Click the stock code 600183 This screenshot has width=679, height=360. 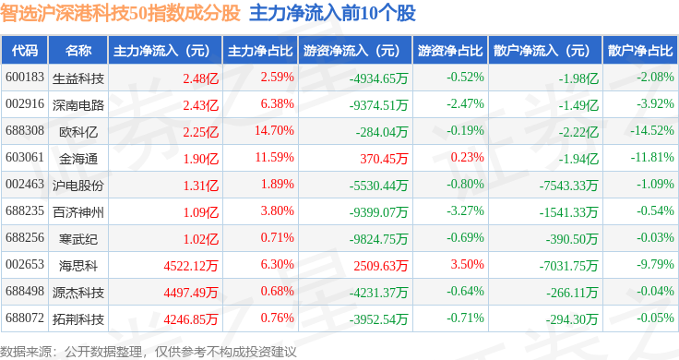tap(25, 78)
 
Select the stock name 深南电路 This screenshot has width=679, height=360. tap(78, 105)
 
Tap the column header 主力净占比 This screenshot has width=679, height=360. tap(260, 51)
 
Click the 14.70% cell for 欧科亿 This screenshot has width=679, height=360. tap(274, 130)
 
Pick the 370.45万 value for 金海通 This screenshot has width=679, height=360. tap(384, 159)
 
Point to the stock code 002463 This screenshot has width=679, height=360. tap(25, 184)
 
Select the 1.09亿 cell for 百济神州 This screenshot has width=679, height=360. tap(201, 212)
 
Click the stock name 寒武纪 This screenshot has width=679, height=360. tap(78, 239)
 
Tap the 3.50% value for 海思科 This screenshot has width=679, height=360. tap(467, 264)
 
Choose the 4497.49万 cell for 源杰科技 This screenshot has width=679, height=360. tap(191, 293)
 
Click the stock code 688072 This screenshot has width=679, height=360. tap(25, 318)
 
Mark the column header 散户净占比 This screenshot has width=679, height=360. tap(640, 51)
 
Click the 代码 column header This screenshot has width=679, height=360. tap(25, 51)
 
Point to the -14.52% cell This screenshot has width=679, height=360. tap(652, 130)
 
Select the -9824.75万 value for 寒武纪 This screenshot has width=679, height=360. tap(379, 239)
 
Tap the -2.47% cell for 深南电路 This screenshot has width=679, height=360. tap(466, 104)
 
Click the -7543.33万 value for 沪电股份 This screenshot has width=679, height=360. tap(568, 186)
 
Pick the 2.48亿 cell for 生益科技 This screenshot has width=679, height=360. tap(201, 78)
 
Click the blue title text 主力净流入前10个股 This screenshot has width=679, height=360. tap(332, 13)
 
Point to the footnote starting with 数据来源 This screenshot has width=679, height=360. tap(149, 352)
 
